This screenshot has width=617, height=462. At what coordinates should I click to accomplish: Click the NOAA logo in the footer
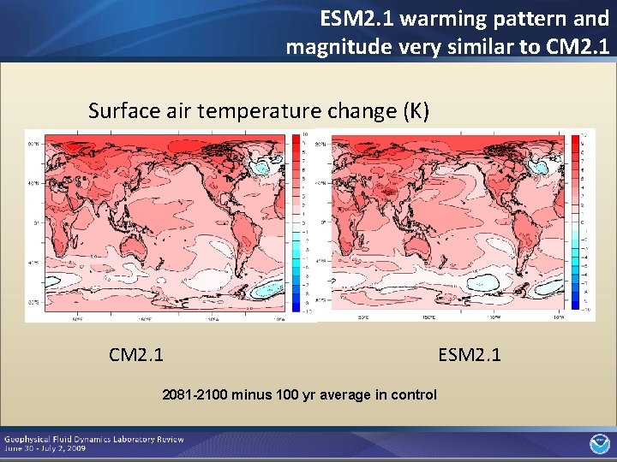tap(597, 443)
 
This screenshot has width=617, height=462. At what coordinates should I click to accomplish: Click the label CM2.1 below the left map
tap(136, 354)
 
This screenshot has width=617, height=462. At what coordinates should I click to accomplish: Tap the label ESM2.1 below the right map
tap(470, 354)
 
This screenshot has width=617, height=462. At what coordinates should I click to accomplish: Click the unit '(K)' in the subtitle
tap(412, 111)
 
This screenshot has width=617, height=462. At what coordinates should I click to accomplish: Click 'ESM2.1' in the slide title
tap(351, 18)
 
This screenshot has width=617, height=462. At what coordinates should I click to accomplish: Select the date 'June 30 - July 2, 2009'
tap(48, 448)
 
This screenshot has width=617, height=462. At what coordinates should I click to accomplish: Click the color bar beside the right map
tap(575, 222)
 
